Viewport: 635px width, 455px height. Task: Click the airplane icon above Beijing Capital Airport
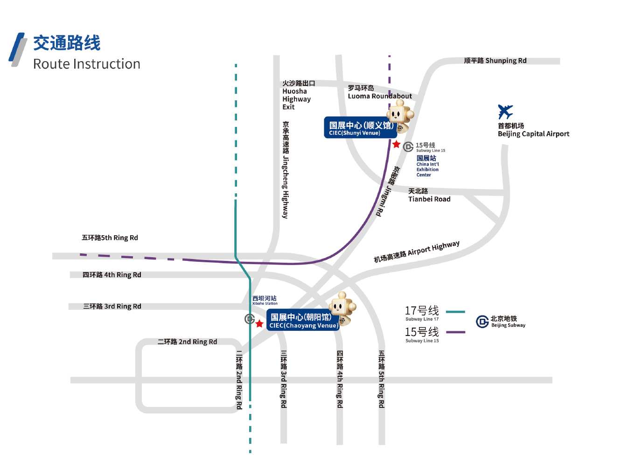(x=505, y=112)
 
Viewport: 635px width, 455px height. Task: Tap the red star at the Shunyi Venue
(x=396, y=145)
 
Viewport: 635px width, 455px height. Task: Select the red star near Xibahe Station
(x=259, y=324)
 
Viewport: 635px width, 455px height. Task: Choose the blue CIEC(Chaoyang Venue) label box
(x=302, y=321)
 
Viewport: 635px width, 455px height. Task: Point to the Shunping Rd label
(x=495, y=61)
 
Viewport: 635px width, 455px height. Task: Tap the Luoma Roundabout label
(x=379, y=92)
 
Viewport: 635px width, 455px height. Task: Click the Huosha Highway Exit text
(x=296, y=95)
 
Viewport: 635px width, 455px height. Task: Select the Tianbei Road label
(x=429, y=195)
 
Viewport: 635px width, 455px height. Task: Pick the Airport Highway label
(x=416, y=252)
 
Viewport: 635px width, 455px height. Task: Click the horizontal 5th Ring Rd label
(x=110, y=238)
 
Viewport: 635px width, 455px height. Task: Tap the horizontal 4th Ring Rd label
(x=112, y=275)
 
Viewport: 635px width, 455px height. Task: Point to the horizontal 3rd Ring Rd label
(x=112, y=306)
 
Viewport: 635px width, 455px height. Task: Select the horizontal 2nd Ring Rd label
(x=187, y=342)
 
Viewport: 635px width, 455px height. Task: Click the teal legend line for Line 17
(x=455, y=312)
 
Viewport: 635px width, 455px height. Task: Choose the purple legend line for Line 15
(x=455, y=332)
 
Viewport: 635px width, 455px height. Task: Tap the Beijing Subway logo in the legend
(x=482, y=322)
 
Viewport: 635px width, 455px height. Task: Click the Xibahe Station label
(x=265, y=300)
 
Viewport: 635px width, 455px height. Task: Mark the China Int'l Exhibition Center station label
(x=427, y=166)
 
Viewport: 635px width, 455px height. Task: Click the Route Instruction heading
(x=87, y=64)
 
